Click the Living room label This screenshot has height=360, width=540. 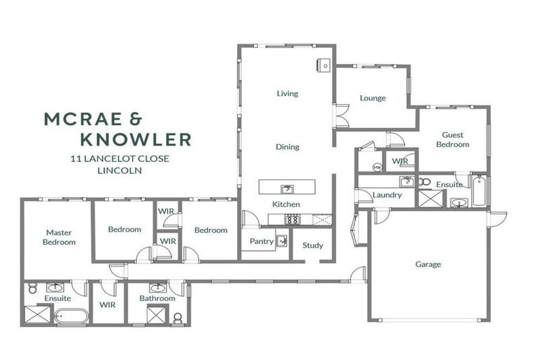(287, 94)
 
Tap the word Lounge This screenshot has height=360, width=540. (373, 98)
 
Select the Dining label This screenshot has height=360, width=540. (287, 147)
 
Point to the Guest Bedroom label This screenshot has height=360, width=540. (452, 139)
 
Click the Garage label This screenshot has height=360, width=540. (427, 264)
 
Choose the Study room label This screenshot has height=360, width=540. (313, 245)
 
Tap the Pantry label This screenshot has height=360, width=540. (262, 240)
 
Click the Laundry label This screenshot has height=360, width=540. (387, 195)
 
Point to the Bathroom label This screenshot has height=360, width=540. (157, 298)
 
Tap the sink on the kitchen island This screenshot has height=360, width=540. (286, 188)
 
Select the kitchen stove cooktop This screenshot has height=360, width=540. (291, 219)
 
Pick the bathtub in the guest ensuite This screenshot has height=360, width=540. (479, 191)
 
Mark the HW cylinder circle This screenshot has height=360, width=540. (377, 167)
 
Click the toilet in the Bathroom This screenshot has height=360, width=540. (177, 318)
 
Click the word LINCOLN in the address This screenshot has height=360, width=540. (120, 170)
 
